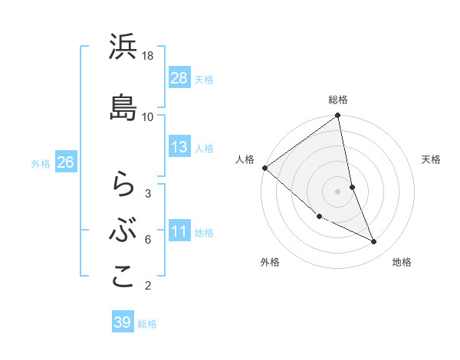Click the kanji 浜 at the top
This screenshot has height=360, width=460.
(123, 48)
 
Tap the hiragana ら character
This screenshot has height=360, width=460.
(123, 183)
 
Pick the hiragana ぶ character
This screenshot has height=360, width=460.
(123, 229)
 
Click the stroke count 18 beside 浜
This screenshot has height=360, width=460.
(148, 57)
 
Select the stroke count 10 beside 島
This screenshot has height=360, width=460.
(148, 116)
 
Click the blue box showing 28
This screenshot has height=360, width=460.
(179, 78)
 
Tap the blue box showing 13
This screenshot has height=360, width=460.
(179, 147)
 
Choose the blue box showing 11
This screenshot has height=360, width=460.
(179, 231)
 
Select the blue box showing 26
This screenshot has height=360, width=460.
(65, 162)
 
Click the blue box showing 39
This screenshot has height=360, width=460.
(123, 322)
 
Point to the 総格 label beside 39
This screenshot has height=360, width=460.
(147, 324)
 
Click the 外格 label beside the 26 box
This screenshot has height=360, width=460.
(41, 164)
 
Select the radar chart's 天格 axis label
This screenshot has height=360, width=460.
(432, 159)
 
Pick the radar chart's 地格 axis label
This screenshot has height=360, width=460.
(402, 262)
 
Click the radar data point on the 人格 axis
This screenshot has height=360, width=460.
(264, 168)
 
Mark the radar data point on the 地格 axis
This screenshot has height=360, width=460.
(374, 242)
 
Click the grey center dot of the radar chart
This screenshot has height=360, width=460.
(337, 191)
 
